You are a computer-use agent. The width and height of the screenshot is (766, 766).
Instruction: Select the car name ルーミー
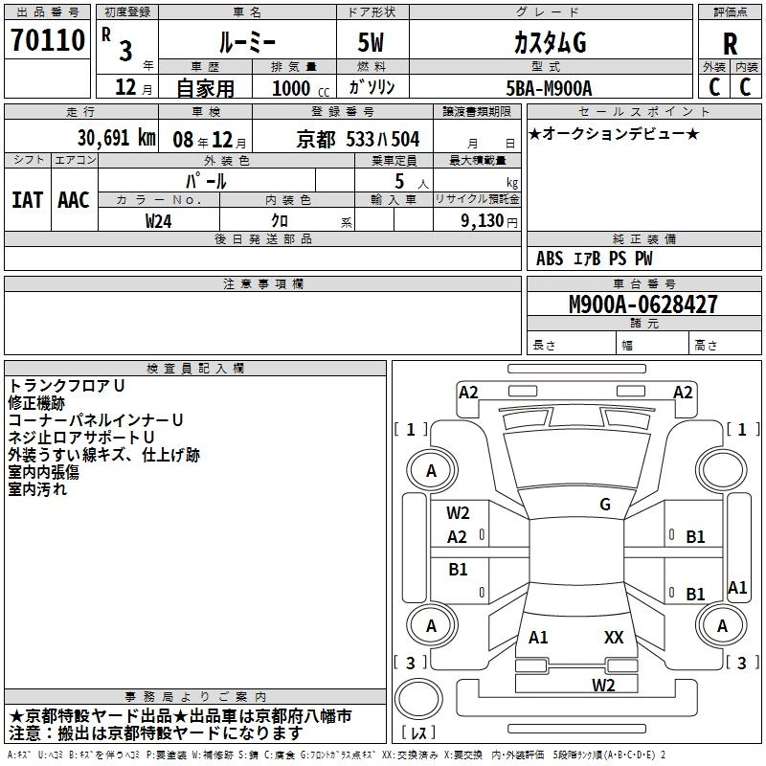pyautogui.click(x=245, y=43)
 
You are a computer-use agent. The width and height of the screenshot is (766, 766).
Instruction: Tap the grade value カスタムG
pyautogui.click(x=549, y=43)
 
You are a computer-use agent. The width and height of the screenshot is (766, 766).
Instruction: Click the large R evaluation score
pyautogui.click(x=730, y=44)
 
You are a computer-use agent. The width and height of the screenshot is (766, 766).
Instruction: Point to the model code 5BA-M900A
pyautogui.click(x=549, y=88)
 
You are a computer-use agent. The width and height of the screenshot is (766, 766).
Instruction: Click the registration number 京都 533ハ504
pyautogui.click(x=358, y=139)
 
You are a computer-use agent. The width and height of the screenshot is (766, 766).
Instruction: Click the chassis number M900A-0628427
pyautogui.click(x=642, y=305)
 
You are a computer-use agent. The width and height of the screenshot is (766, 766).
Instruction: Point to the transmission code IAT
pyautogui.click(x=27, y=199)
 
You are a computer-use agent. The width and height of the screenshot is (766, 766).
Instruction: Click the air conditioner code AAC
pyautogui.click(x=73, y=199)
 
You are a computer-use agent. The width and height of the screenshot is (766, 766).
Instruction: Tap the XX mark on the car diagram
pyautogui.click(x=614, y=637)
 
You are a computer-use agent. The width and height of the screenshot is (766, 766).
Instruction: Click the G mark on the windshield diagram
pyautogui.click(x=604, y=505)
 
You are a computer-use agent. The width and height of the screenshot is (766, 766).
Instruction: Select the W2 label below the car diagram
pyautogui.click(x=602, y=685)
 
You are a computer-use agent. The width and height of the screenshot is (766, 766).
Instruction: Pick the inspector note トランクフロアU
pyautogui.click(x=67, y=385)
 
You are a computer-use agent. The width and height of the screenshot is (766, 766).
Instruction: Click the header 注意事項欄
pyautogui.click(x=262, y=284)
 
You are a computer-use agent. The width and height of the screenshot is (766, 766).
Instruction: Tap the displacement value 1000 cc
pyautogui.click(x=300, y=88)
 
